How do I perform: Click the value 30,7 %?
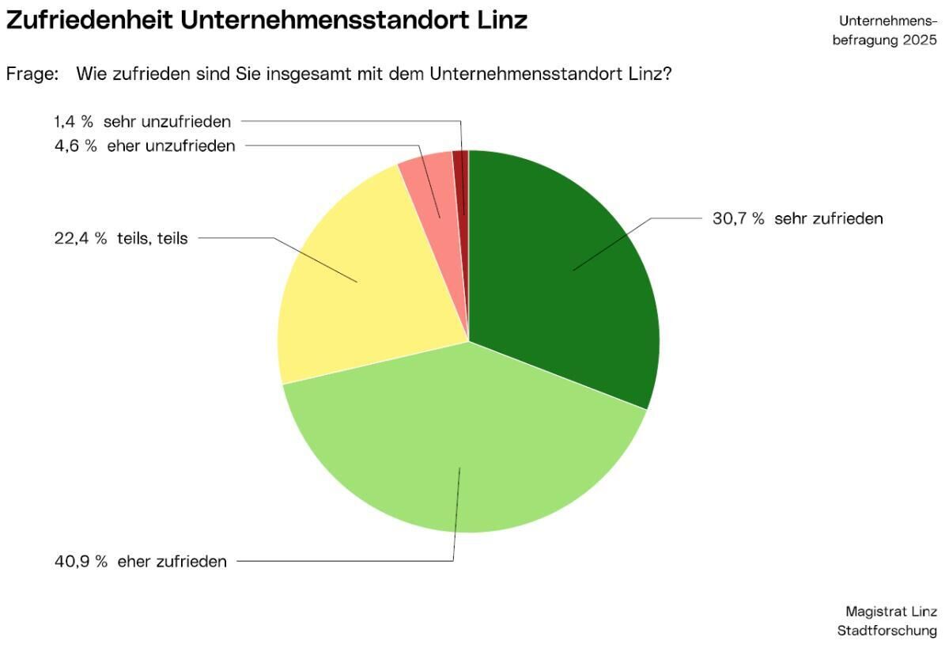click(x=738, y=219)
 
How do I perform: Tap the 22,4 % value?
click(x=80, y=238)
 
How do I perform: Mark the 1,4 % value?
click(x=74, y=122)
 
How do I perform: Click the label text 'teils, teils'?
click(x=152, y=238)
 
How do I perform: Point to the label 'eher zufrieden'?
click(x=172, y=562)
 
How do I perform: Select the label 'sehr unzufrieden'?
click(x=167, y=122)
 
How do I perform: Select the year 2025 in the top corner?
click(x=919, y=40)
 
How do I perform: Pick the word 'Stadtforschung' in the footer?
click(x=887, y=631)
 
